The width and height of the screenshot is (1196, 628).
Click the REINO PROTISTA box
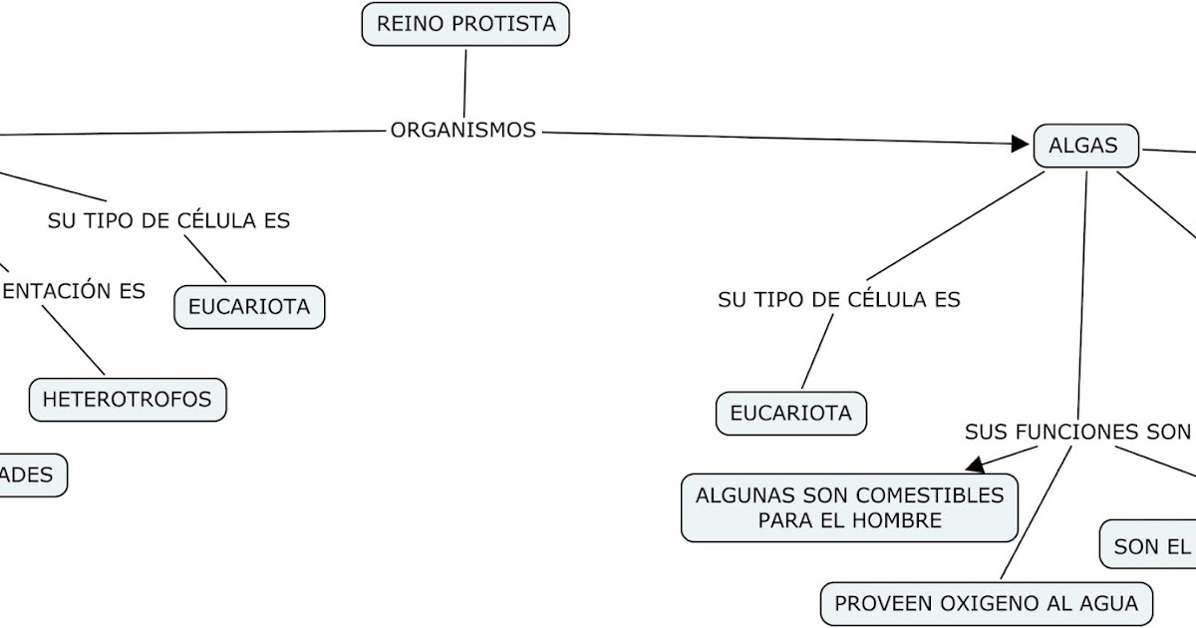pos(465,24)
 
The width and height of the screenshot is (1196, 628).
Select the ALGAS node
pos(1085,147)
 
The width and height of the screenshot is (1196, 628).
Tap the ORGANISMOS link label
pos(463,130)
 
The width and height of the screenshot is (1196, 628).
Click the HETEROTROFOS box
pos(128,400)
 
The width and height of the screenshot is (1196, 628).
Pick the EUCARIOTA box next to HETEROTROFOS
pos(249,307)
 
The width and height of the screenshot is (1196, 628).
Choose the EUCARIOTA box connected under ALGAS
pos(791,414)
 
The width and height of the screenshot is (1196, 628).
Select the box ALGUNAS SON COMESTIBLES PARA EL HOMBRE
pos(850,507)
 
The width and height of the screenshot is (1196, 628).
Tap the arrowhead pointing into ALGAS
pos(1020,144)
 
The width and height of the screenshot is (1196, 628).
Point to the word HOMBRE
pos(899,520)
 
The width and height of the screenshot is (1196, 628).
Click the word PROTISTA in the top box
pos(506,24)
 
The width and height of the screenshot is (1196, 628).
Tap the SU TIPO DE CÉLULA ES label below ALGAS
pos(839,299)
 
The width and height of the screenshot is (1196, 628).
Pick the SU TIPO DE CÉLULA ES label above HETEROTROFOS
pos(168,221)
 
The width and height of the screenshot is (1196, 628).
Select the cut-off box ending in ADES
pos(30,475)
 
